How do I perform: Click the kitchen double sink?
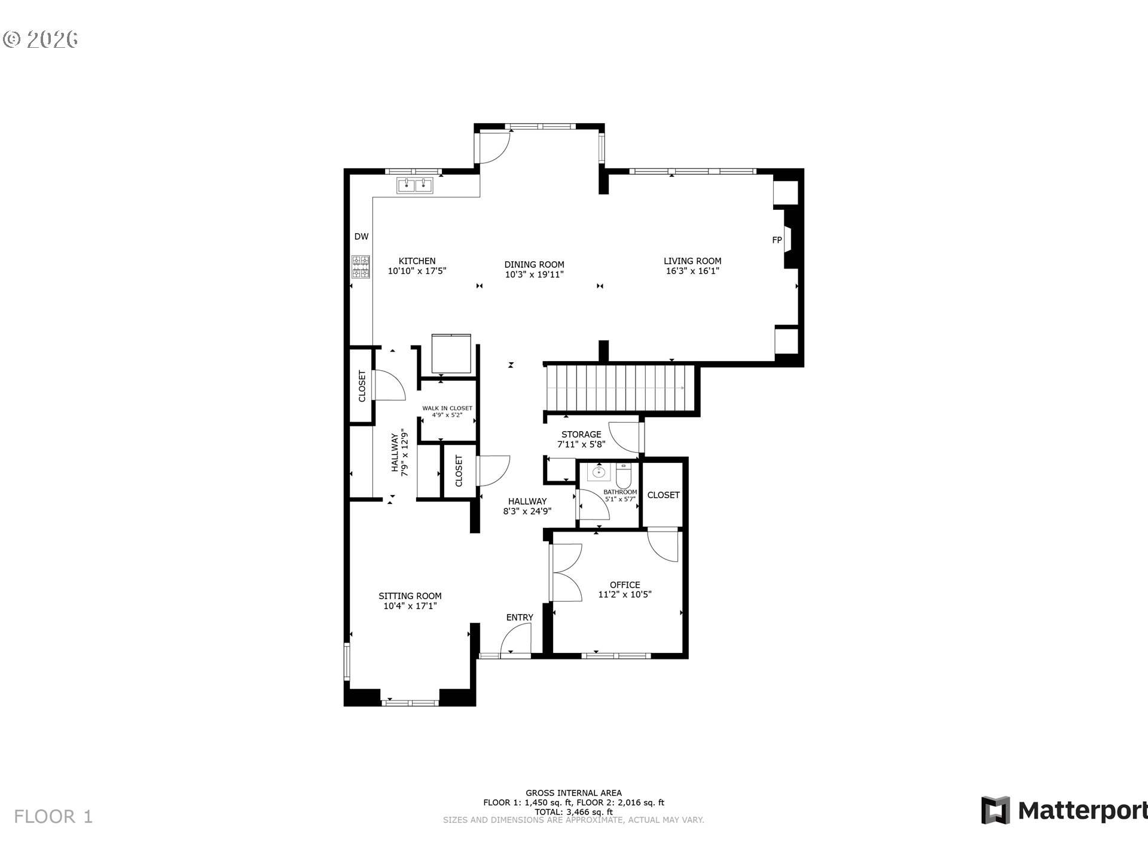[x=415, y=185]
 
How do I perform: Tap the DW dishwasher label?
[x=361, y=237]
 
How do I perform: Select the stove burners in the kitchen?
[x=361, y=267]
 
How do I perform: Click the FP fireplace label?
[x=777, y=240]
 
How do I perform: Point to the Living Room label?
[x=692, y=261]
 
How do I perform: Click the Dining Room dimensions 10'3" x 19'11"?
[x=535, y=274]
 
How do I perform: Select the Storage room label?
[x=581, y=435]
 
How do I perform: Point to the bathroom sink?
[x=599, y=472]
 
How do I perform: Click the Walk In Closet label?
[x=447, y=408]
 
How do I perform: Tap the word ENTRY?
[x=520, y=618]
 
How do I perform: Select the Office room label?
[x=625, y=585]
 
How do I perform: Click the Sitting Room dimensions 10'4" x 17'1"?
[x=410, y=606]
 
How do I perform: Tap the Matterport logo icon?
[x=996, y=810]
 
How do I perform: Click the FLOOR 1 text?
[x=53, y=817]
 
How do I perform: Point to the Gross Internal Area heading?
[x=573, y=793]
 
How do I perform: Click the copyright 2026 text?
[x=41, y=39]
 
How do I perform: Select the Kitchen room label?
[x=417, y=261]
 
